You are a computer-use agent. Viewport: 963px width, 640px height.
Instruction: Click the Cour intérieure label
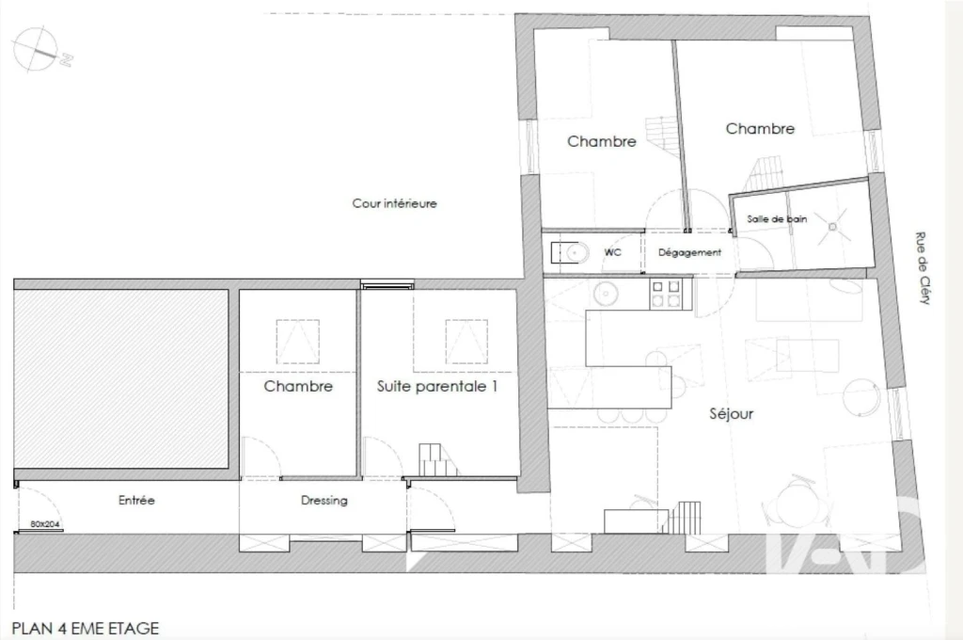click(x=394, y=203)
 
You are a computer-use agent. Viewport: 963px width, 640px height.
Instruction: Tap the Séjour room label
click(x=731, y=414)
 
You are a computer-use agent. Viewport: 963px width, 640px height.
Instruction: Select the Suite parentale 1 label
click(x=436, y=387)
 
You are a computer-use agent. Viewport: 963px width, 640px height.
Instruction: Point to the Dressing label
click(x=324, y=501)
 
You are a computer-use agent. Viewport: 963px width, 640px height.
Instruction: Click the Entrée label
click(x=136, y=501)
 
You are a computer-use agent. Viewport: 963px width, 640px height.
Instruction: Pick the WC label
click(x=612, y=252)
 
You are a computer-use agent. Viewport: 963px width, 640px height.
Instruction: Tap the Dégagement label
click(x=689, y=252)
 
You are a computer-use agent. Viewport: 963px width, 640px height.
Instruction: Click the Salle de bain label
click(x=777, y=219)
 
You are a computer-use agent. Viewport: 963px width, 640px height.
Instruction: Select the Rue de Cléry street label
click(x=923, y=268)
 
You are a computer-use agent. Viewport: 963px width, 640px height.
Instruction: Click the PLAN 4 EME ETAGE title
click(x=86, y=629)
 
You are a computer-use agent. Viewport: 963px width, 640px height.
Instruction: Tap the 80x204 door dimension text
click(x=45, y=524)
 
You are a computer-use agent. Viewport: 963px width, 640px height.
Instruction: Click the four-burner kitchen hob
click(x=666, y=294)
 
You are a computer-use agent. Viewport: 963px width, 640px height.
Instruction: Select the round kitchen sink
click(x=607, y=294)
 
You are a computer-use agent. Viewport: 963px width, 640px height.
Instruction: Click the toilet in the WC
click(x=569, y=252)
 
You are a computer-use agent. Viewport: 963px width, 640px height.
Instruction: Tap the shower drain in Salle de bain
click(x=832, y=227)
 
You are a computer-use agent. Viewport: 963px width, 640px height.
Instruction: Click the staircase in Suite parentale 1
click(x=438, y=460)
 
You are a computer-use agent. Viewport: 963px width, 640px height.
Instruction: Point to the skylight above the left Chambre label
click(x=297, y=342)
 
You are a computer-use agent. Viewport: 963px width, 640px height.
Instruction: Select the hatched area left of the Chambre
click(x=121, y=378)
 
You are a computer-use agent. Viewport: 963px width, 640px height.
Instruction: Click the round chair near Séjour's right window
click(x=862, y=396)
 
